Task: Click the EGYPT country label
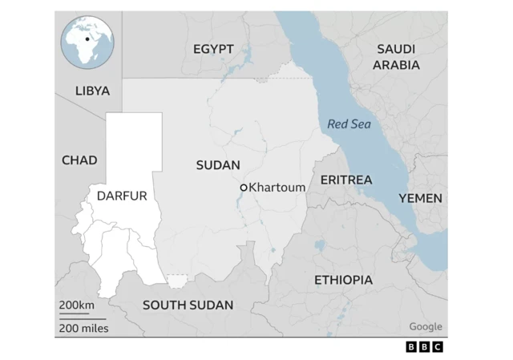point(213,49)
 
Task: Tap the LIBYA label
point(92,91)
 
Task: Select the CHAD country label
point(79,160)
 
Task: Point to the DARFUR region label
point(122,196)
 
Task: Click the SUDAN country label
point(218,165)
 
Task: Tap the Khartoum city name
point(277,188)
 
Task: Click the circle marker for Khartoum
point(244,188)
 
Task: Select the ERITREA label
point(346,180)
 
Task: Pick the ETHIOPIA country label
point(343,280)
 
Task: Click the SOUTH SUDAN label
point(188,305)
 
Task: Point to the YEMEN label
point(420,198)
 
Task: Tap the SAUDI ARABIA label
point(396,57)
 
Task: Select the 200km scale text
point(76,305)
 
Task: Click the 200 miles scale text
point(83,327)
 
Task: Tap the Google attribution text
point(425,326)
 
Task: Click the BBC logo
point(424,346)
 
